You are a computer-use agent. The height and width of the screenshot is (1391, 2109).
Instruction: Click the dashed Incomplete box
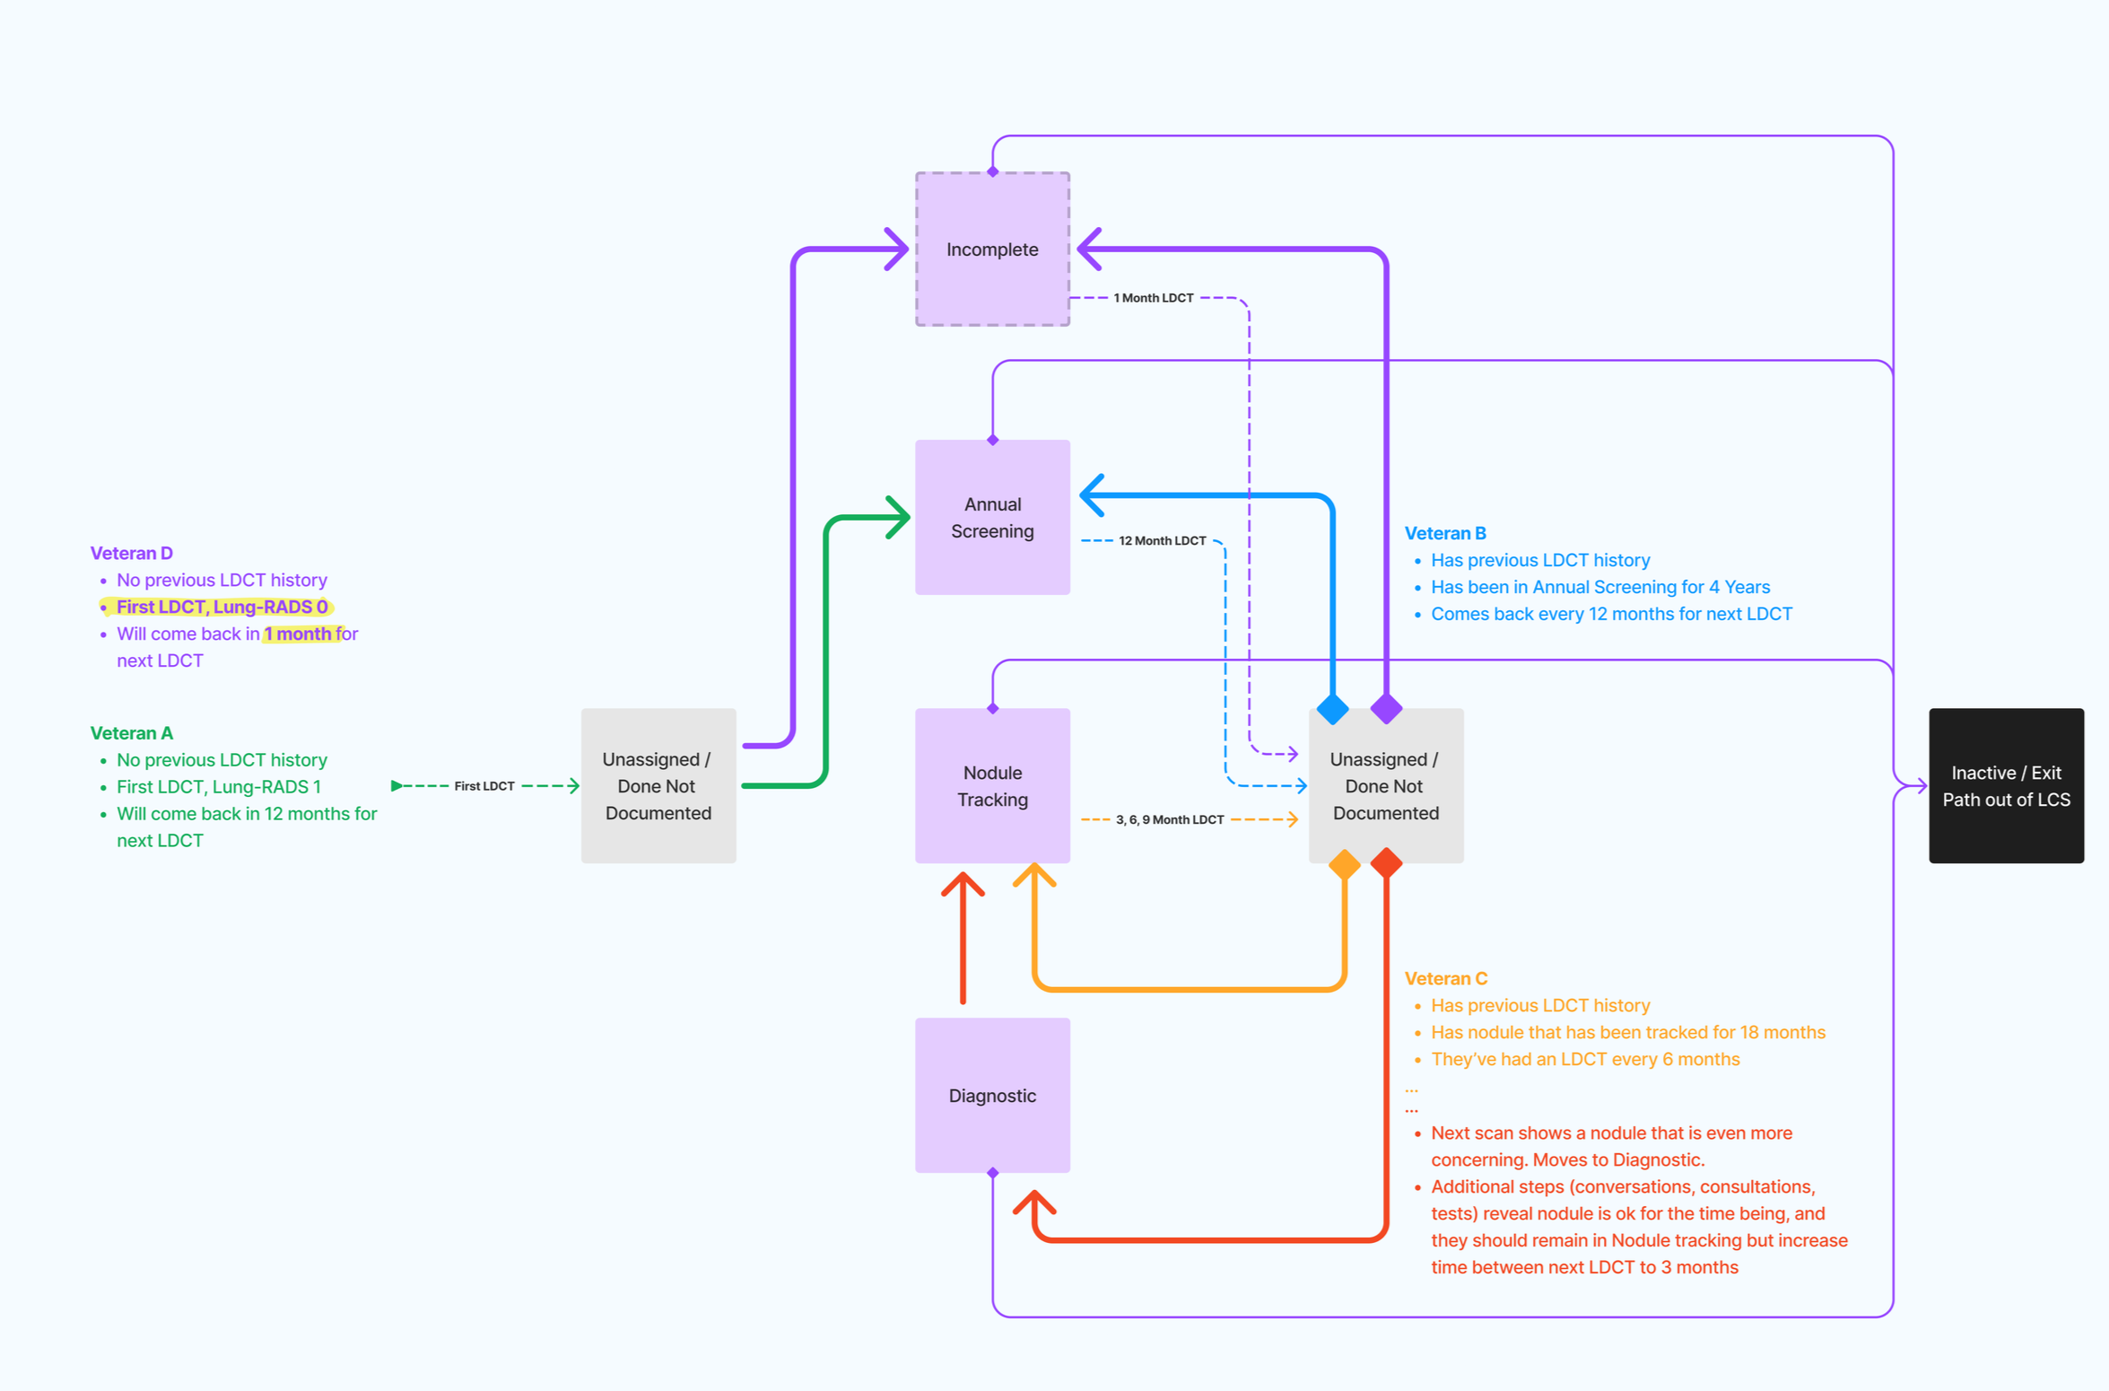point(992,249)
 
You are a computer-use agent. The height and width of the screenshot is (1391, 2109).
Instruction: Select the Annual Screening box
point(992,517)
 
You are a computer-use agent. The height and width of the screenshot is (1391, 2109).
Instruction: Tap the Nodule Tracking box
point(992,785)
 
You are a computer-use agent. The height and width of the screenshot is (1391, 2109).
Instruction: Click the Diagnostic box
point(992,1095)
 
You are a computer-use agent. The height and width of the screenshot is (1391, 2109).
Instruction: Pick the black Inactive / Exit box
point(2006,785)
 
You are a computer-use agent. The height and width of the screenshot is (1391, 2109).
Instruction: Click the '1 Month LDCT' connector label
point(1153,298)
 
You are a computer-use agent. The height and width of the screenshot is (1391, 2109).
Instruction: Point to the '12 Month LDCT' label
point(1162,540)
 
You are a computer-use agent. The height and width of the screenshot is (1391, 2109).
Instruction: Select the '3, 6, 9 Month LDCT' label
point(1169,819)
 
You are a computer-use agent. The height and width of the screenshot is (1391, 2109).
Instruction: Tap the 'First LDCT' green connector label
point(484,786)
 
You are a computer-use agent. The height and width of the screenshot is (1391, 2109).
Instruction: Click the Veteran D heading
point(131,553)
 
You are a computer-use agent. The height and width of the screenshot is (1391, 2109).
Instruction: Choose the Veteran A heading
point(131,733)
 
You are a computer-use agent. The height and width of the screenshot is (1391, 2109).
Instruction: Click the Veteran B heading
point(1444,533)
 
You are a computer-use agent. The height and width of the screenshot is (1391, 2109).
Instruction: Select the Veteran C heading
point(1445,978)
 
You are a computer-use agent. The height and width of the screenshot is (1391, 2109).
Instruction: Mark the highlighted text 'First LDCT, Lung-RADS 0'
point(222,607)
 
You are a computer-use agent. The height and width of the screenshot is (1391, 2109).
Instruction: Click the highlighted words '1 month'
point(298,634)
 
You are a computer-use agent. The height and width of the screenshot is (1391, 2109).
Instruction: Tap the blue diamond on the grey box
point(1332,709)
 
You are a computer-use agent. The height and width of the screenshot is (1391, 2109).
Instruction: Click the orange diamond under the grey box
point(1344,864)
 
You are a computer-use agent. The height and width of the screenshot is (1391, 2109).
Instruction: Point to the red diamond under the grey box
point(1386,863)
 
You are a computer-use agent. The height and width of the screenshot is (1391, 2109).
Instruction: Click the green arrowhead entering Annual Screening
point(900,517)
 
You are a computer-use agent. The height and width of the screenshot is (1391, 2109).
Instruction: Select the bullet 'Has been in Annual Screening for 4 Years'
point(1599,587)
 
